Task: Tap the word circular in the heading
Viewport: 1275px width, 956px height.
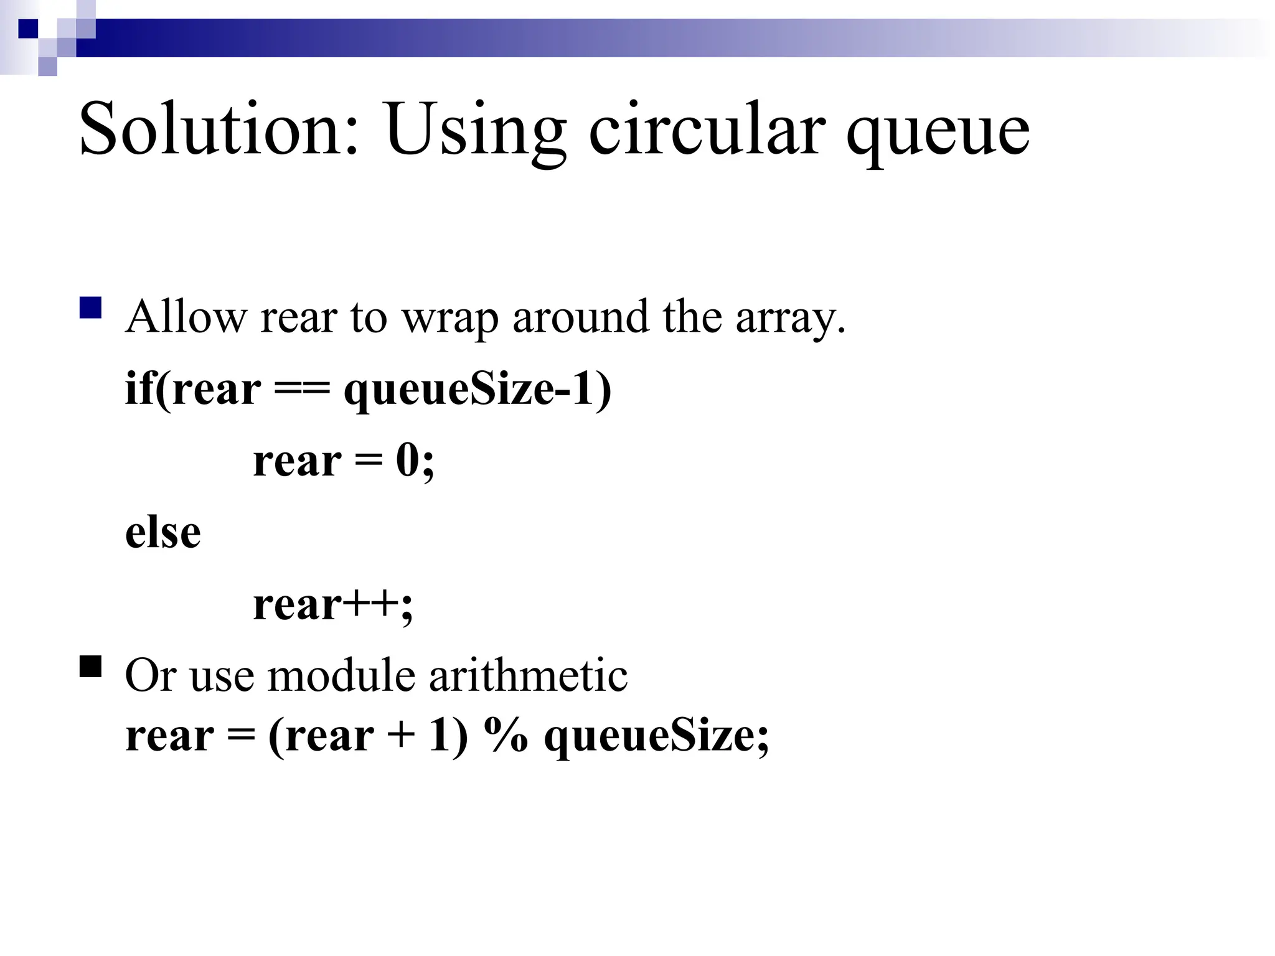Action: pos(707,129)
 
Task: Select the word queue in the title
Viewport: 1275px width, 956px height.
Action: pos(938,134)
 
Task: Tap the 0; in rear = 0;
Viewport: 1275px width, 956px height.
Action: pos(415,462)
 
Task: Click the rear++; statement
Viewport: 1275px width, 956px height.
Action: pos(333,605)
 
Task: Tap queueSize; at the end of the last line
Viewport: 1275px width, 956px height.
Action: pos(657,738)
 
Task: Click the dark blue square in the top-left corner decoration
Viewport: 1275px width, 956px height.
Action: pos(29,29)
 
